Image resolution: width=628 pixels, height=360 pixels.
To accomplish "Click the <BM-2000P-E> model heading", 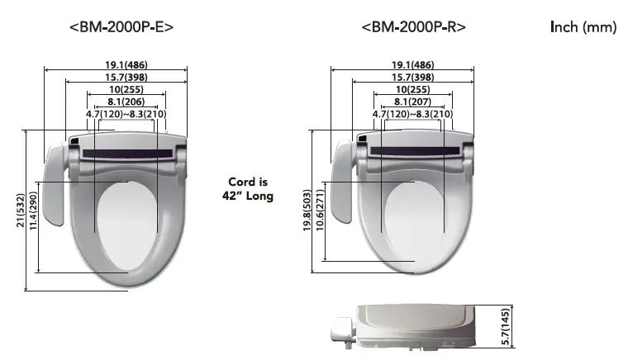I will tap(122, 26).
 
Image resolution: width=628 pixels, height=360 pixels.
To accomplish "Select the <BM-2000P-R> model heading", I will tap(413, 26).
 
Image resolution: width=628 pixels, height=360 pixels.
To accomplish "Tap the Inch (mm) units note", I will tap(583, 27).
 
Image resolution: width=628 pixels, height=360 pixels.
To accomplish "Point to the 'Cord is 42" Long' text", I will tap(249, 189).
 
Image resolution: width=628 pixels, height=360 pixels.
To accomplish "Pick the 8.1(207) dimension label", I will tap(412, 102).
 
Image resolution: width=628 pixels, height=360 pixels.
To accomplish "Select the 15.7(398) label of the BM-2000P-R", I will tap(412, 77).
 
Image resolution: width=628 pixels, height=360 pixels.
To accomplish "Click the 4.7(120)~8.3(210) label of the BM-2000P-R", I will tap(412, 114).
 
